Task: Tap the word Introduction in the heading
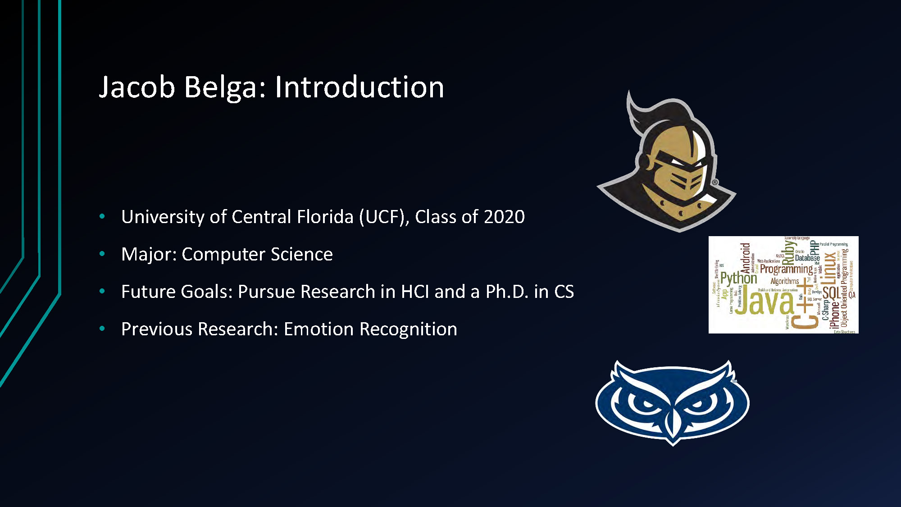pos(359,87)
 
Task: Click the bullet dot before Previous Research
pos(102,329)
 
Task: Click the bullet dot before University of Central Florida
pos(102,217)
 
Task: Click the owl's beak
pos(672,424)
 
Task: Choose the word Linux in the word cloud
pos(829,269)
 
